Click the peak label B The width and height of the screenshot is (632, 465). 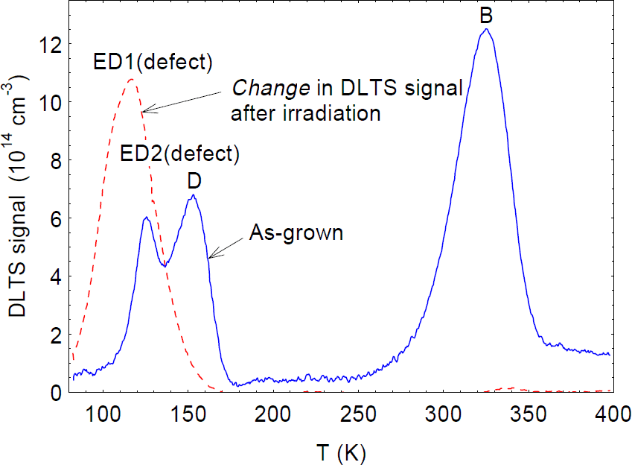pyautogui.click(x=488, y=15)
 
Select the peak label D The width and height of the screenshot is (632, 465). pyautogui.click(x=195, y=181)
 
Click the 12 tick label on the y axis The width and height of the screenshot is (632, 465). pyautogui.click(x=48, y=45)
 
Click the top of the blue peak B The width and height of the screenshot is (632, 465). pyautogui.click(x=486, y=30)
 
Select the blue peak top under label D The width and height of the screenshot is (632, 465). pyautogui.click(x=193, y=195)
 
